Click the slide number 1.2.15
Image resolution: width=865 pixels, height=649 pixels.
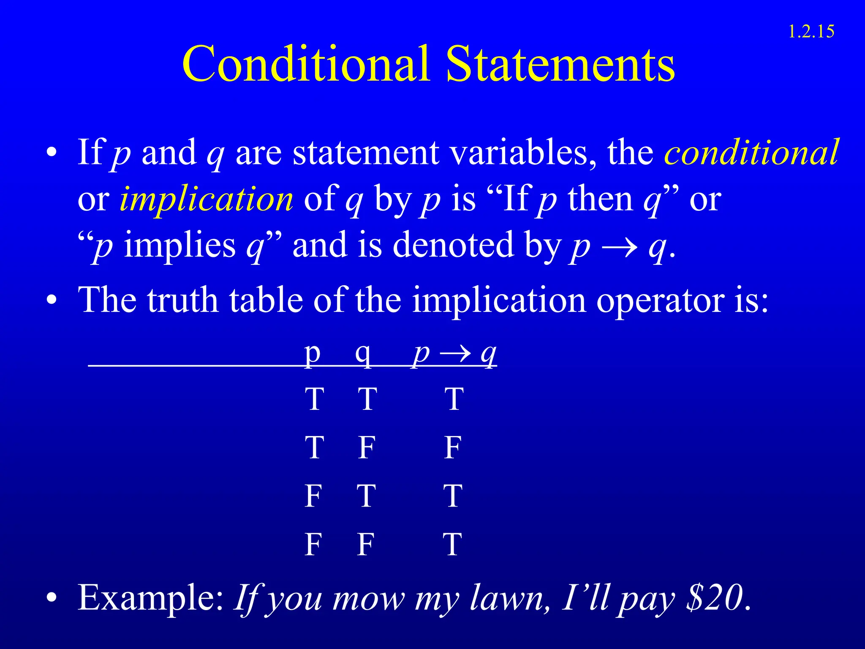(x=811, y=32)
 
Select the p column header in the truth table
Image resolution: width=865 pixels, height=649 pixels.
(x=313, y=354)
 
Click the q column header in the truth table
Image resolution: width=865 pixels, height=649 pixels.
(x=363, y=354)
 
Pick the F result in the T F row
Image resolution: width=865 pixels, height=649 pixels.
(x=452, y=447)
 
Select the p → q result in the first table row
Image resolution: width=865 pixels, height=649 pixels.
(x=454, y=399)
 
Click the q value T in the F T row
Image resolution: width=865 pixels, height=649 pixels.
(x=366, y=496)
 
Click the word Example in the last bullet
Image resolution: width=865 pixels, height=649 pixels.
(x=150, y=597)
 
